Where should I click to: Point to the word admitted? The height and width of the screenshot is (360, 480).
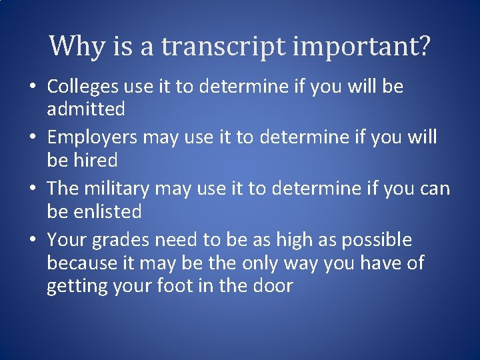(86, 108)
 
